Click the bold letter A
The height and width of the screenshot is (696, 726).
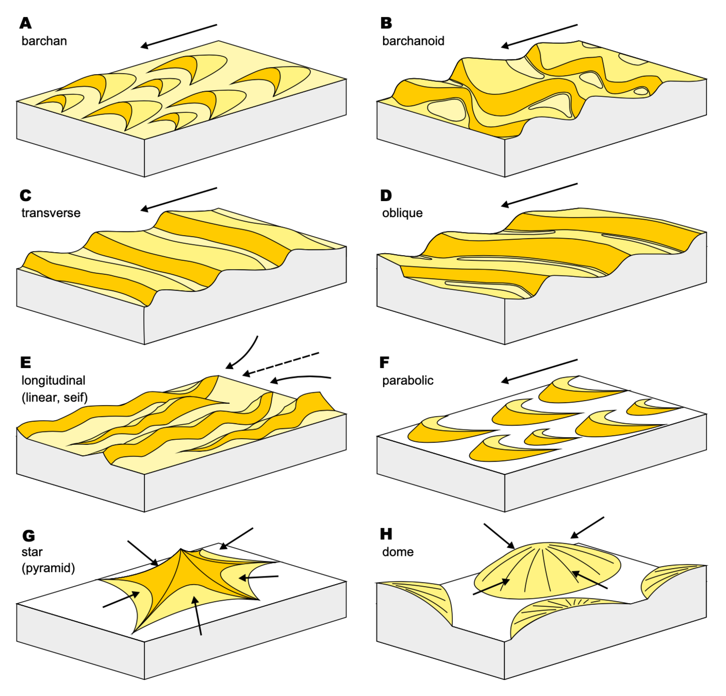[x=25, y=23]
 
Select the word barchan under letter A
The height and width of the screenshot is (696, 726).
[x=44, y=41]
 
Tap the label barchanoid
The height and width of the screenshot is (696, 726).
[x=413, y=41]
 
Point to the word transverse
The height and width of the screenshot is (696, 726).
[x=51, y=213]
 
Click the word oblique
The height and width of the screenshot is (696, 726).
[x=402, y=213]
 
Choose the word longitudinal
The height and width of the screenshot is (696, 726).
[x=53, y=380]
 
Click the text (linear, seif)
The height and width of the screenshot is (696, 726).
[x=55, y=397]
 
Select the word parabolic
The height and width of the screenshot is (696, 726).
[x=407, y=380]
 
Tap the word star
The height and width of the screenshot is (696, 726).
[x=32, y=552]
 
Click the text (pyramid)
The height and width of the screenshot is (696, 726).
[x=48, y=568]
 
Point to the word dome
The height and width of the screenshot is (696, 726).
[x=398, y=552]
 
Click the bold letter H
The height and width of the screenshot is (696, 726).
[x=386, y=534]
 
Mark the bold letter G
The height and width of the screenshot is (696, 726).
[x=28, y=536]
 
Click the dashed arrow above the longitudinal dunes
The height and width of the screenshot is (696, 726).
[x=281, y=363]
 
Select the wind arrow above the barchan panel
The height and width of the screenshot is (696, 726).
[x=179, y=36]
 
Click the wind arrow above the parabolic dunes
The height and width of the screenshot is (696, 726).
[x=539, y=371]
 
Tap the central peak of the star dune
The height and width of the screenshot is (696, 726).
[x=181, y=550]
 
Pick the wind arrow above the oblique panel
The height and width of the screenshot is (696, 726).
[x=539, y=195]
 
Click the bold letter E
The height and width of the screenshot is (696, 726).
[x=25, y=362]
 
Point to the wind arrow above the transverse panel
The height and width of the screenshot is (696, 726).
[x=179, y=199]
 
